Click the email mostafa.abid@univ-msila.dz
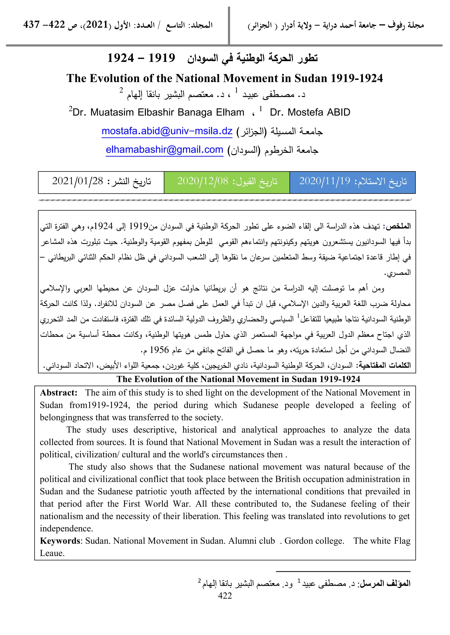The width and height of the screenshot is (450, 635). tap(167, 131)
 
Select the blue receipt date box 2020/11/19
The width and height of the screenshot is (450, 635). tap(352, 182)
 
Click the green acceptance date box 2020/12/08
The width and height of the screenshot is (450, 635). tap(227, 182)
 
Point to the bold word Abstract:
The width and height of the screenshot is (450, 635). tap(58, 393)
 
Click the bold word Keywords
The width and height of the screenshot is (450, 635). tap(60, 541)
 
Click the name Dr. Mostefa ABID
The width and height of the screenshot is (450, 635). tap(310, 112)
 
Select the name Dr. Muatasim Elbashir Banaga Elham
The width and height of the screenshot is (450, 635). tap(158, 112)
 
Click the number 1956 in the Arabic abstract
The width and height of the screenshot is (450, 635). tap(159, 350)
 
